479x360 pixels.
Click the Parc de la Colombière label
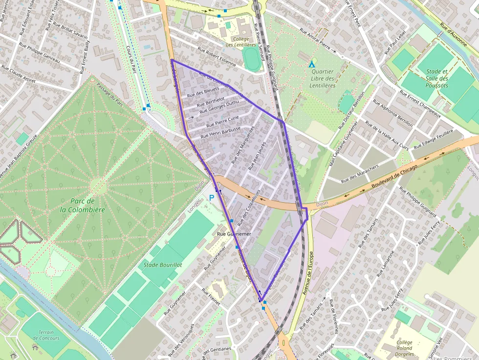point(83,205)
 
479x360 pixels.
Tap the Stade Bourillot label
point(163,265)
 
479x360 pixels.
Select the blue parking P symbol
point(212,198)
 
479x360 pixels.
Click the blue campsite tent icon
point(311,64)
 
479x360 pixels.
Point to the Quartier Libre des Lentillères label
point(322,78)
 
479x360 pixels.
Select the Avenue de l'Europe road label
point(308,274)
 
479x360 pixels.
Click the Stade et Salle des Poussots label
point(436,78)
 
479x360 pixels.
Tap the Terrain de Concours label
point(46,335)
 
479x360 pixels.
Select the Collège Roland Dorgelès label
point(405,348)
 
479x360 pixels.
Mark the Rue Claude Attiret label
point(19,74)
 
